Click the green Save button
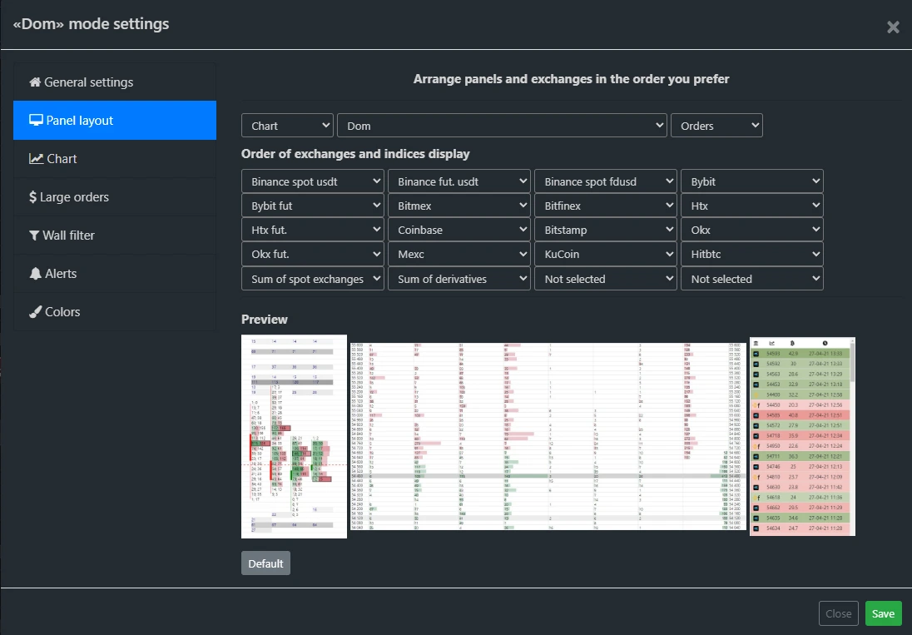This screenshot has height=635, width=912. [x=883, y=613]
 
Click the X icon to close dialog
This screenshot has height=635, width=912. [x=893, y=27]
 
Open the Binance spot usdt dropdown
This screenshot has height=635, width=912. [x=312, y=181]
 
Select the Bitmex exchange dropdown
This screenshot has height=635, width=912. [x=458, y=206]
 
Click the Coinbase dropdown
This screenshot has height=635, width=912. [x=458, y=230]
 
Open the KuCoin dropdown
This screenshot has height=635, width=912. [x=605, y=254]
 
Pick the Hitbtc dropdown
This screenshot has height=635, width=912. [x=751, y=254]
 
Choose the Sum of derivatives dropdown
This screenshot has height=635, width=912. [x=458, y=279]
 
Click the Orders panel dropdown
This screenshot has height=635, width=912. [x=716, y=126]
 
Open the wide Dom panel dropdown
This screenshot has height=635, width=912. [x=502, y=126]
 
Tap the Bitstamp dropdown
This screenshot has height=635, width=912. [x=605, y=230]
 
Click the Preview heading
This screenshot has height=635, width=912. [x=265, y=320]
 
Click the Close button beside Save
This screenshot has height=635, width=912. [x=838, y=613]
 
